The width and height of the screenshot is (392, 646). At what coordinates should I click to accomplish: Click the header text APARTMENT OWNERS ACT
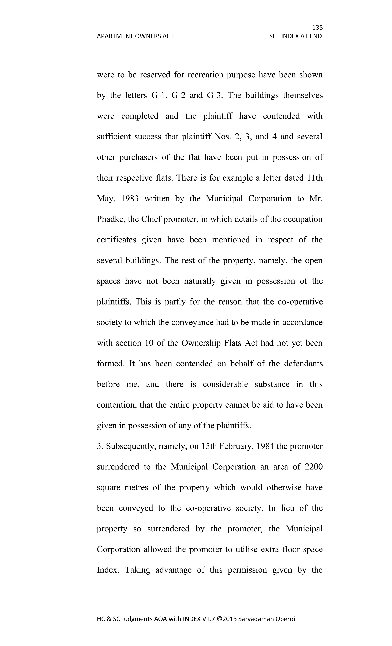135,36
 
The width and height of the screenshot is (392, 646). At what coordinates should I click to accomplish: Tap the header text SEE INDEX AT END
295,36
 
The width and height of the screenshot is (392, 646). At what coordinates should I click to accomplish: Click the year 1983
130,198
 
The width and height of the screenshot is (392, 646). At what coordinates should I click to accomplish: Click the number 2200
314,467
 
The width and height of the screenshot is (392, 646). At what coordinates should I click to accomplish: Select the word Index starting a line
107,570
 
